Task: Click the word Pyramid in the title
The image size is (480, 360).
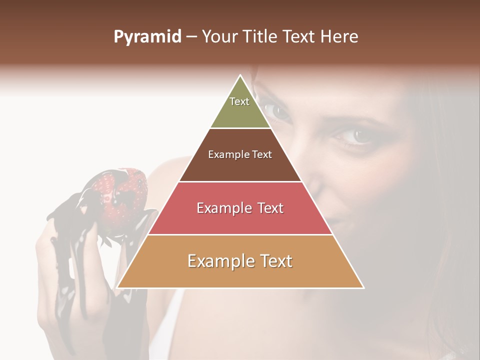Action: [147, 37]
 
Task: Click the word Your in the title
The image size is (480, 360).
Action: [218, 37]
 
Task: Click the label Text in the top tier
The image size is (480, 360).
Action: [239, 101]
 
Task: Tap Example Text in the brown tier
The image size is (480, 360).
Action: [240, 154]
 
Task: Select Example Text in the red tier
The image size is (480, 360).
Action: [240, 208]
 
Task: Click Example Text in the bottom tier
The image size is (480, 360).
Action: [240, 261]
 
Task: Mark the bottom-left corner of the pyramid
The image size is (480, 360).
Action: [117, 287]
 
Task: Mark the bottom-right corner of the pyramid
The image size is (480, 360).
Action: [363, 287]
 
